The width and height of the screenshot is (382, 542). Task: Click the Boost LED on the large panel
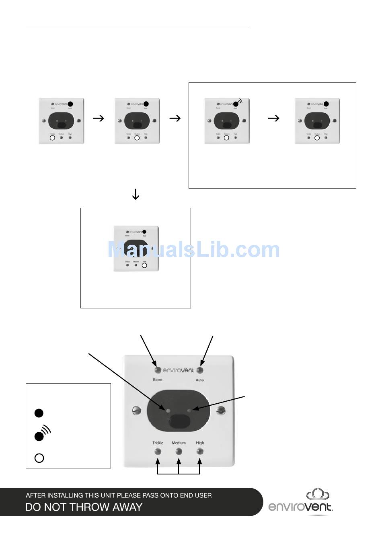(157, 370)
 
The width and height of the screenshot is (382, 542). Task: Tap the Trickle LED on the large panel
(158, 451)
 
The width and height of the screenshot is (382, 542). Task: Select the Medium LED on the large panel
(179, 451)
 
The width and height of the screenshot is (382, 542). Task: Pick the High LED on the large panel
(200, 451)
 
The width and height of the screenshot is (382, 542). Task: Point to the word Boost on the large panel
(158, 380)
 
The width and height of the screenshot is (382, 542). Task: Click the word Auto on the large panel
(200, 380)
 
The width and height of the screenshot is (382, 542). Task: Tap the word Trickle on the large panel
(158, 443)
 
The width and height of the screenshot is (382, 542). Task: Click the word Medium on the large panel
(179, 443)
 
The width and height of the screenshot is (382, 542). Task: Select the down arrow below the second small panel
(136, 195)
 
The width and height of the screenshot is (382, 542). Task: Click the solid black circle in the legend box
(39, 413)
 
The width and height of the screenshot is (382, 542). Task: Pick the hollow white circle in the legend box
(39, 458)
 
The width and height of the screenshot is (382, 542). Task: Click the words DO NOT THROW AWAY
(84, 507)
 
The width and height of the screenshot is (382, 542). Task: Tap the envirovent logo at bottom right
(300, 503)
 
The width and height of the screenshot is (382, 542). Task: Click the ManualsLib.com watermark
(193, 250)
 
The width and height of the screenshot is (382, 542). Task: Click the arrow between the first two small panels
(99, 118)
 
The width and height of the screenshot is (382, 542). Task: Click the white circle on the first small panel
(52, 138)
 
